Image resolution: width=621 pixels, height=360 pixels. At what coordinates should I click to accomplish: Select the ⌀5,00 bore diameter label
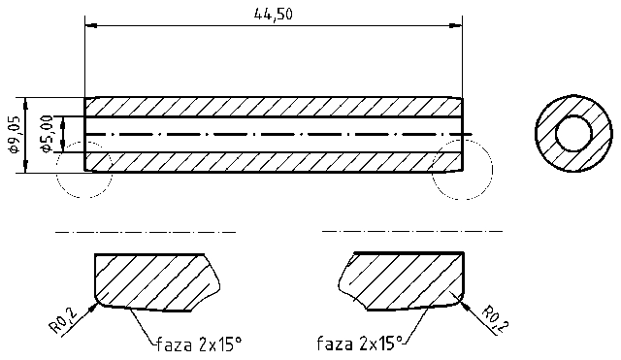[45, 134]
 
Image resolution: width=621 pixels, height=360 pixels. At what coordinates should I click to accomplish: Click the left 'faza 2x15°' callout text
[197, 344]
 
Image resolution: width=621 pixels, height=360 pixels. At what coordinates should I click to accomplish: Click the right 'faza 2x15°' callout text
[359, 344]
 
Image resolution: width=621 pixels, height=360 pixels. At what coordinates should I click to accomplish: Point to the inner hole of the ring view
[572, 133]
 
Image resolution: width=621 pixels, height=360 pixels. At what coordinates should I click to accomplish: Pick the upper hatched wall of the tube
[272, 106]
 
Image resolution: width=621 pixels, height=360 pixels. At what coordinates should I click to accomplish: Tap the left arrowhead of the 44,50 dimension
[90, 26]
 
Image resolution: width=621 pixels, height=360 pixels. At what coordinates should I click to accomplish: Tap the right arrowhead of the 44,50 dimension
[457, 26]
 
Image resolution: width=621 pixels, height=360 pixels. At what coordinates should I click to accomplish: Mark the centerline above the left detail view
[146, 233]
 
